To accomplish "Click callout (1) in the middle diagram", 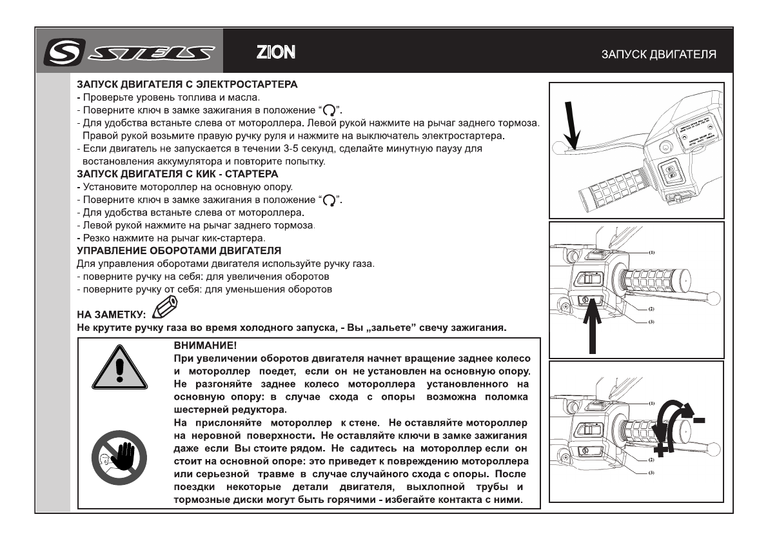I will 651,253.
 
